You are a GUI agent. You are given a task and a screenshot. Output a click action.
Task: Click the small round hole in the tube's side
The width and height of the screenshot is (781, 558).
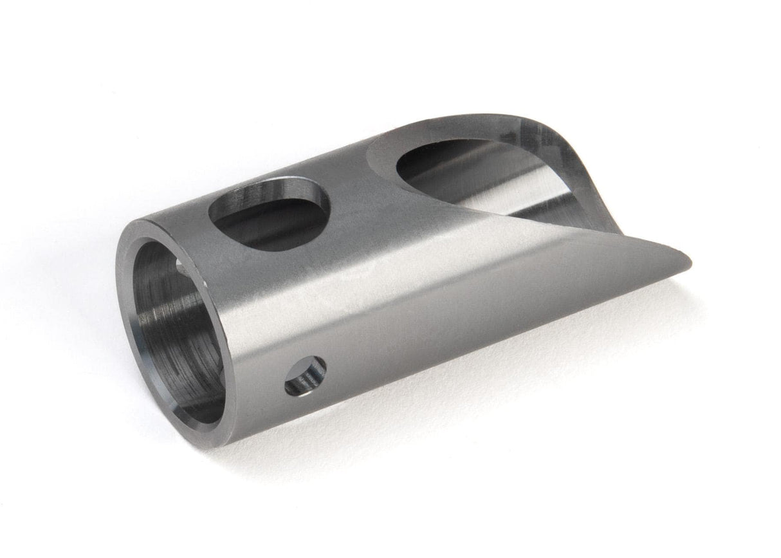click(306, 376)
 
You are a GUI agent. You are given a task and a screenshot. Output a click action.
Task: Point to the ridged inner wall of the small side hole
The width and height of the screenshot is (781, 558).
click(315, 370)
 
